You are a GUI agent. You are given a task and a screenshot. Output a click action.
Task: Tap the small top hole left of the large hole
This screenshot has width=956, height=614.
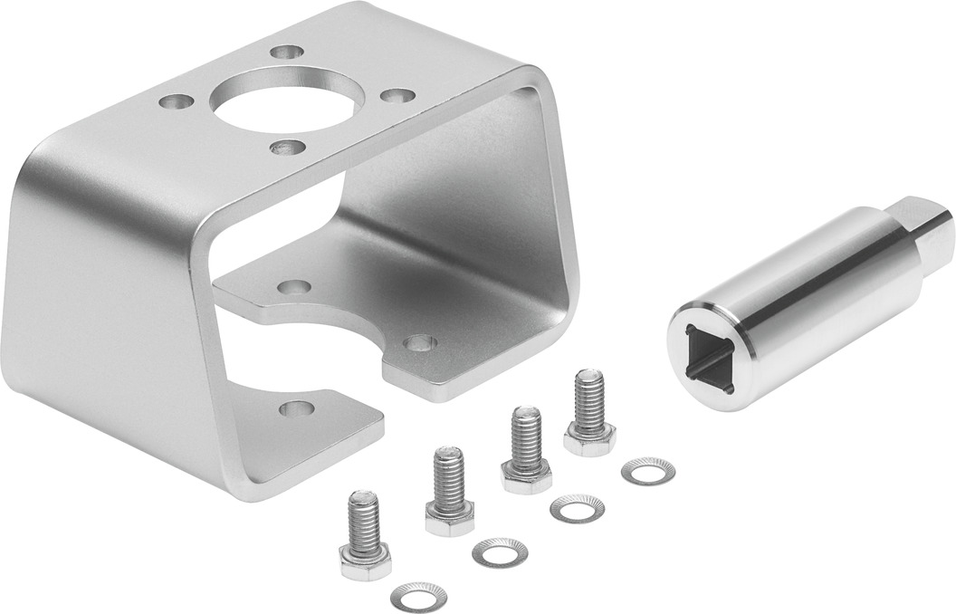pos(176,101)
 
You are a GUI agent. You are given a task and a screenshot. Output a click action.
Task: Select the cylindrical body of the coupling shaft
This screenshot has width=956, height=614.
pos(806,290)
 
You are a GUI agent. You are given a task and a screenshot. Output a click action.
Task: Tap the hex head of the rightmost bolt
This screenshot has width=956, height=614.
pos(589,438)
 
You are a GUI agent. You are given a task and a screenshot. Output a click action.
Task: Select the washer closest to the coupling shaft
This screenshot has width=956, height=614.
pos(647,471)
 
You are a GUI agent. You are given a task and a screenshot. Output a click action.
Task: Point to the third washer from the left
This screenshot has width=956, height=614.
pos(576,509)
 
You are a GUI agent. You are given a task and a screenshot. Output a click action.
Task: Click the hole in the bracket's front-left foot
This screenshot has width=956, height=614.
pos(296,408)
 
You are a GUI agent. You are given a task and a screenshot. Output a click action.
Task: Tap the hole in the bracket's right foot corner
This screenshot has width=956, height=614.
pos(419,343)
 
